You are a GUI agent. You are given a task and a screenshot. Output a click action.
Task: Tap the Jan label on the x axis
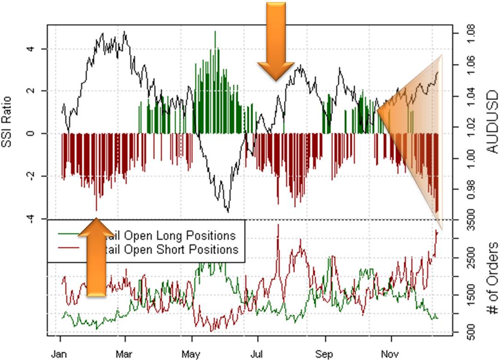pos(60,354)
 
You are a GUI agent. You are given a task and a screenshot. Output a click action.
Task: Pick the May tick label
pos(191,354)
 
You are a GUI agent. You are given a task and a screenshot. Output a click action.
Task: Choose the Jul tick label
pos(257,354)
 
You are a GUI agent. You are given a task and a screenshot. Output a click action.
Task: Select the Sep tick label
pos(325,354)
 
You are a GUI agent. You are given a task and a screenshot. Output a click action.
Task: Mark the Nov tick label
pos(391,354)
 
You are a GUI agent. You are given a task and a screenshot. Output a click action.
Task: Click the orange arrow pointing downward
pos(276,41)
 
